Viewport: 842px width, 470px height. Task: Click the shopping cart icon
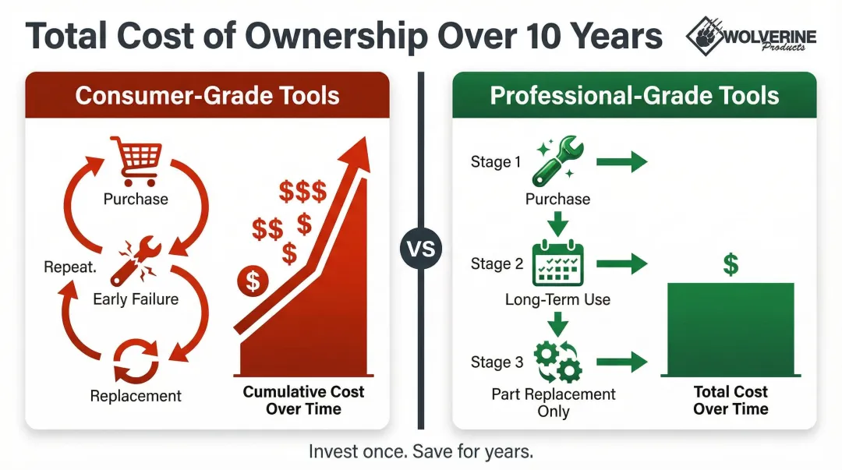pos(136,161)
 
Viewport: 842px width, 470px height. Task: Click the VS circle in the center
pos(420,250)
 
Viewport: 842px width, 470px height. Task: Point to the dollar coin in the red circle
pos(253,281)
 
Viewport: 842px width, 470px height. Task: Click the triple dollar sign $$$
pos(302,190)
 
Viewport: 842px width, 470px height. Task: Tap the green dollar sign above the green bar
pos(731,264)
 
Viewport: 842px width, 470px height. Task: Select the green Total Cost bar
pos(731,330)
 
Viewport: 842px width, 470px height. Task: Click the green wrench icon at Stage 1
pos(557,161)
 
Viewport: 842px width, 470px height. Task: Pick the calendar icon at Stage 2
pos(557,264)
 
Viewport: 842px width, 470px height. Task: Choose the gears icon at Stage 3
pos(557,360)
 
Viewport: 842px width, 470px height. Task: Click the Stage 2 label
pos(497,263)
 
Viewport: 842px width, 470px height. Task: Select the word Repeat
pos(70,267)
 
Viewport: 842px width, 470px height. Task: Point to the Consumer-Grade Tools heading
pos(207,95)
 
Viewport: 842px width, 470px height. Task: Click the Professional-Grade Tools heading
pos(634,95)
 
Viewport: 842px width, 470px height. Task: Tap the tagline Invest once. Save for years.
pos(421,451)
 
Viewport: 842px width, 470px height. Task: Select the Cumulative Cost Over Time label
pos(303,400)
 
